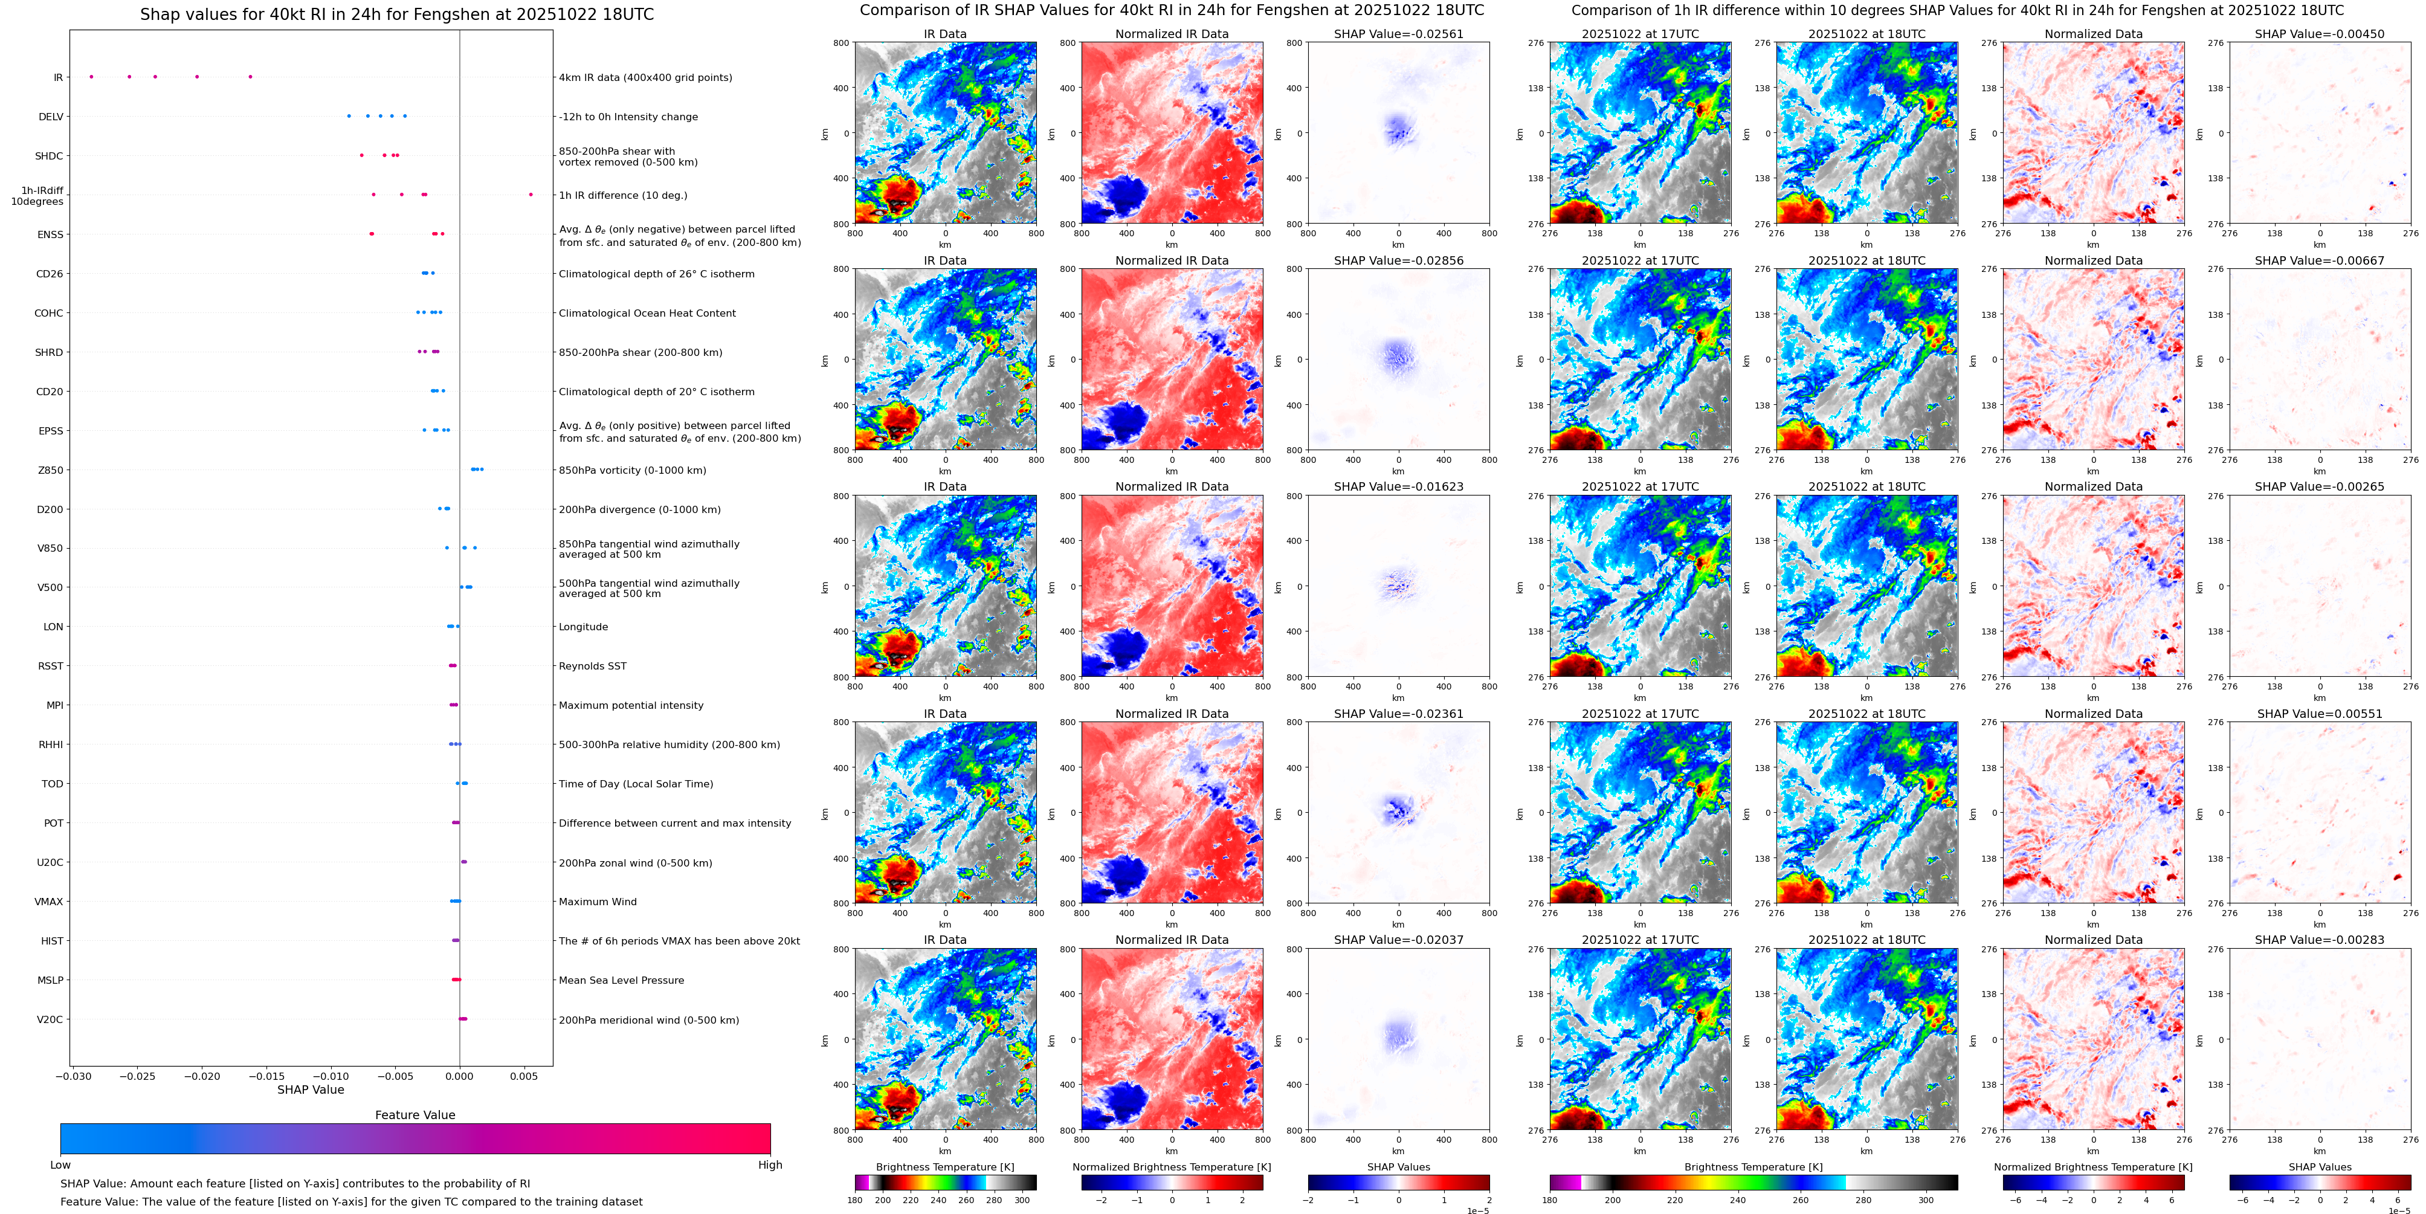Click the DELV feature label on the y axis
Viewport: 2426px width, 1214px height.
point(51,117)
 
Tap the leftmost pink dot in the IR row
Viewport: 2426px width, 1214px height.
point(91,76)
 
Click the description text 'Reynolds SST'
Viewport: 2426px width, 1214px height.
point(592,666)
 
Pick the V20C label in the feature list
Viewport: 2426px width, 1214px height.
point(50,1019)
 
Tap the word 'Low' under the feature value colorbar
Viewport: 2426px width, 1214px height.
point(60,1165)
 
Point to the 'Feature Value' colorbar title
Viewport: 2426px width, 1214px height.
point(415,1115)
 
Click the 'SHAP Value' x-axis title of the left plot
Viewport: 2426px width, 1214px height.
point(311,1090)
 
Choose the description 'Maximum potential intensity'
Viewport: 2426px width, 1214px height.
point(631,705)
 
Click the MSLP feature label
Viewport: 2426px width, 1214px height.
point(50,980)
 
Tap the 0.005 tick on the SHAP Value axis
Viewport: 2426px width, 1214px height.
point(524,1076)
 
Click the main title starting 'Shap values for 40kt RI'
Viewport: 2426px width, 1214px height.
point(396,14)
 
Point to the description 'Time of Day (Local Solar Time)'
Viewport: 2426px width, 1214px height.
point(636,784)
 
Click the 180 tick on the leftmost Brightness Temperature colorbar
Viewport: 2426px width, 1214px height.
point(855,1200)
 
